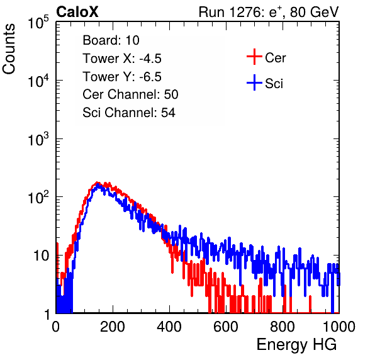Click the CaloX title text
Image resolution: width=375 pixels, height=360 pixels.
pos(77,12)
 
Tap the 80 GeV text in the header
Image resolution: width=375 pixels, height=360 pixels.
pos(315,12)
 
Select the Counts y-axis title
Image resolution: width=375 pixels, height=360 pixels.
pos(9,49)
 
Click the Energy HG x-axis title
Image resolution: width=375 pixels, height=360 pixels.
pos(296,345)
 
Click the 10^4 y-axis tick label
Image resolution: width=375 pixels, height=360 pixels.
pos(38,81)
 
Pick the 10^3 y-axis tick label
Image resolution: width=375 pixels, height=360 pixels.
pos(38,139)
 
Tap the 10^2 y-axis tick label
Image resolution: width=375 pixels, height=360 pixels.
pos(38,198)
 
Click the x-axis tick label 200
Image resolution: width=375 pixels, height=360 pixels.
pos(113,327)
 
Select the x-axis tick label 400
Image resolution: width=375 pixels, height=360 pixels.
pos(169,327)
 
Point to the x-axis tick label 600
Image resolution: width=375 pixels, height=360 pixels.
pos(226,327)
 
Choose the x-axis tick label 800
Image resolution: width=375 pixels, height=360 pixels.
pos(283,327)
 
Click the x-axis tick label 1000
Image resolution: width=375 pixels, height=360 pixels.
pos(339,327)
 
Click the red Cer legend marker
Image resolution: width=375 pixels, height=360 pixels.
pos(254,57)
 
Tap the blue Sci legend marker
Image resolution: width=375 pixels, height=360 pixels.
pos(254,83)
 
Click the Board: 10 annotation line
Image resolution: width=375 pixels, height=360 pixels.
pos(111,40)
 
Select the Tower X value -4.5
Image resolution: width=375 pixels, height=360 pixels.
pos(150,59)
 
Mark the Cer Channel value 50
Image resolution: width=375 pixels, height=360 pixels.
pos(171,94)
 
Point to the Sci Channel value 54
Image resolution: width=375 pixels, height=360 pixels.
pos(168,113)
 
